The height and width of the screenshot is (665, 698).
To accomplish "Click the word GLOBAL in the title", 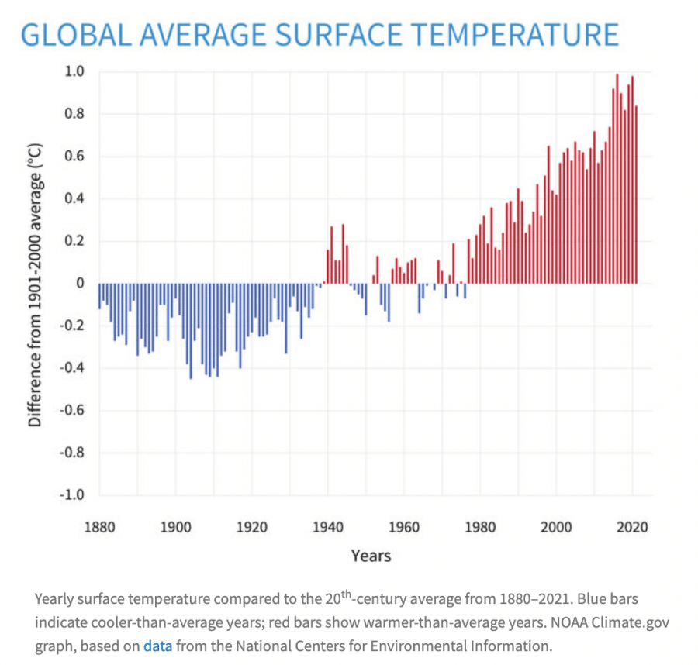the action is click(x=77, y=35).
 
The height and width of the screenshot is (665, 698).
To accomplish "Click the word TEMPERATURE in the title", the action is click(x=514, y=35).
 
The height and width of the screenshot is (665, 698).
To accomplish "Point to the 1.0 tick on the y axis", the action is click(x=74, y=71).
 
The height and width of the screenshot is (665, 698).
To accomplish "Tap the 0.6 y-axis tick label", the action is click(x=74, y=156).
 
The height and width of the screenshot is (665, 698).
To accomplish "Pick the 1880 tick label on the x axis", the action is click(x=100, y=527).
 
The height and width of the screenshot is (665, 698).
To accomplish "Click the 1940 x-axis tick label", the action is click(x=328, y=527).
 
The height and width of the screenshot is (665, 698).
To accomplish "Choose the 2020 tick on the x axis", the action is click(x=632, y=527).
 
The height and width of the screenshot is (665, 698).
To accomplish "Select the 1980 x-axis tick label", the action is click(x=480, y=527).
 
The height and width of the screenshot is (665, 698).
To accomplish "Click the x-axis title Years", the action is click(x=371, y=556).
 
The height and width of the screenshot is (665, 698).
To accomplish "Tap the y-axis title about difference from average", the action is click(x=35, y=285).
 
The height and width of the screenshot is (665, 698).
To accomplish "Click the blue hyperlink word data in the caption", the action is click(x=157, y=646).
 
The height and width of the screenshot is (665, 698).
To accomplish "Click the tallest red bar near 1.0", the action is click(x=617, y=179).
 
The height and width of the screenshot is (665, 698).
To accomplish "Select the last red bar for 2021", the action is click(x=636, y=195).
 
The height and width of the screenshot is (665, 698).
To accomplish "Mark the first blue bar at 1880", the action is click(x=99, y=296).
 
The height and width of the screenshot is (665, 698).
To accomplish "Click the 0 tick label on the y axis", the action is click(x=80, y=284).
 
